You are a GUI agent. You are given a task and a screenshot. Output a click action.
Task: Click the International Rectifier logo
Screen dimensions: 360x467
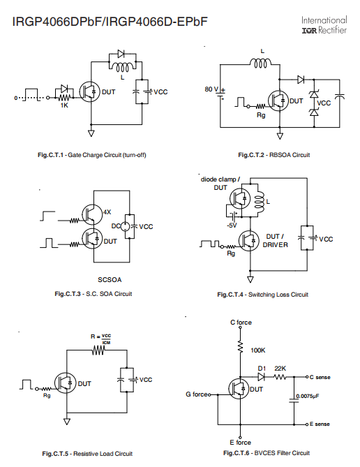point(324,25)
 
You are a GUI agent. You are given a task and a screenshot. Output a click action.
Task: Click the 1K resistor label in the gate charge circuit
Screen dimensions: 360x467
point(64,105)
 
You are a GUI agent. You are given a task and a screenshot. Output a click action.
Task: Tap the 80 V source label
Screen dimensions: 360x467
point(211,89)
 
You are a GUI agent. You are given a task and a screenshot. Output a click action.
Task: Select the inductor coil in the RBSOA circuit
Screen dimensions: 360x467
point(260,63)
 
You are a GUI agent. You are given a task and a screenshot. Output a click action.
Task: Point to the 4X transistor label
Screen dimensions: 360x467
point(107,212)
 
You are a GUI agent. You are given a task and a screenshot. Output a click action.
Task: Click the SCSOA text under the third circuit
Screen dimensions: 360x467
point(110,280)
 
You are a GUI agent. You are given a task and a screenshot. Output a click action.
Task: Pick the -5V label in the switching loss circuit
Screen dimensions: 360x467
point(232,225)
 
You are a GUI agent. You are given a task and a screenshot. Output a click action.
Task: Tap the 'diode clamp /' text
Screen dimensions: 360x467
point(220,179)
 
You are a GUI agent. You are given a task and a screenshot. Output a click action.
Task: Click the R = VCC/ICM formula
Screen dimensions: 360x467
point(100,339)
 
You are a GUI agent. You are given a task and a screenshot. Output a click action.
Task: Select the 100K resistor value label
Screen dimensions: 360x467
point(258,350)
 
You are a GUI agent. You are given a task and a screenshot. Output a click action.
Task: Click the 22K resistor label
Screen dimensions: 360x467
point(280,369)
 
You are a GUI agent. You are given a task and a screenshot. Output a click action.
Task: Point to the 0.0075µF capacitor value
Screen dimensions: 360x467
point(308,396)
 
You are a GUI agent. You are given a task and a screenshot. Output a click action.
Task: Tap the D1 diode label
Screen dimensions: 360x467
point(262,369)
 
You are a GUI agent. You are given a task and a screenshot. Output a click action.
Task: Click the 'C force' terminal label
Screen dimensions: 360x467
point(241,323)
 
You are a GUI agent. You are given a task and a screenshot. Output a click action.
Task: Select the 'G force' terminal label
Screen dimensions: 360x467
point(197,394)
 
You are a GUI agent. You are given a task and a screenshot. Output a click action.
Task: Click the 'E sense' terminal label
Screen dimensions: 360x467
point(320,424)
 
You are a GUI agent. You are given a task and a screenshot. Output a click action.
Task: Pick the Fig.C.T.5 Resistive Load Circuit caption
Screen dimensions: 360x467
point(87,454)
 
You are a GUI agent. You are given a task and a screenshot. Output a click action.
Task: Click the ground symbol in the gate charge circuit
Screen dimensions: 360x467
point(91,133)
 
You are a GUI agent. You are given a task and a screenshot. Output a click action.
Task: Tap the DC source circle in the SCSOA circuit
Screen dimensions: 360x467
point(125,226)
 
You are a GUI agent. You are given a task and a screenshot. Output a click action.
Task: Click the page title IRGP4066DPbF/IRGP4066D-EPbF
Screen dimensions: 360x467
point(110,22)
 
